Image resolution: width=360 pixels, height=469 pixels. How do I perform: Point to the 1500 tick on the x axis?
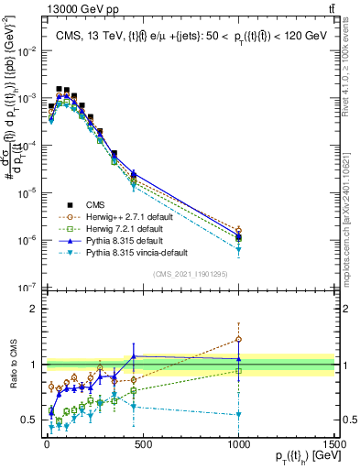coord(334,442)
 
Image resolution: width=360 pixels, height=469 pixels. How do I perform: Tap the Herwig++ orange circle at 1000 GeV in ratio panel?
coord(238,339)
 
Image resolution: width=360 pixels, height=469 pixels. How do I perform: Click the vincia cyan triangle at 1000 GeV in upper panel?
coord(238,249)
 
